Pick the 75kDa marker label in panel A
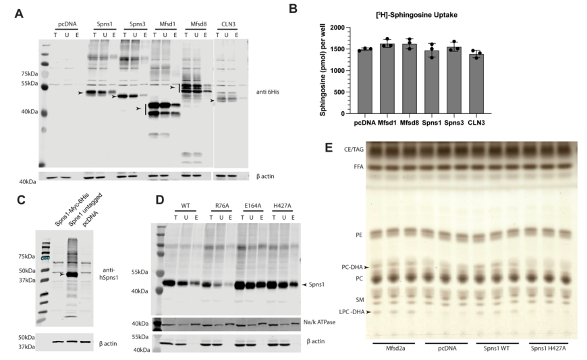point(28,73)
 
